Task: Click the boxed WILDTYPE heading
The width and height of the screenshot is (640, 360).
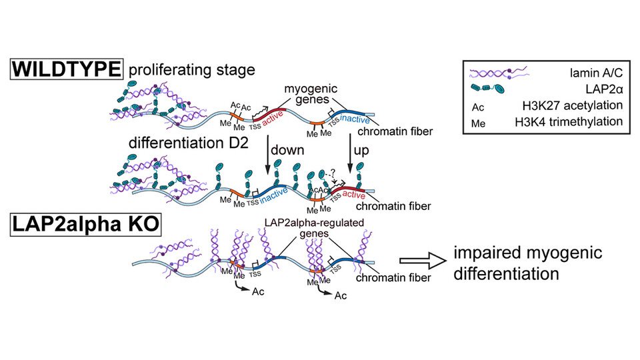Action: point(67,69)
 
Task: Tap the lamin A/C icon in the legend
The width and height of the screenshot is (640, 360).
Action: point(496,74)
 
